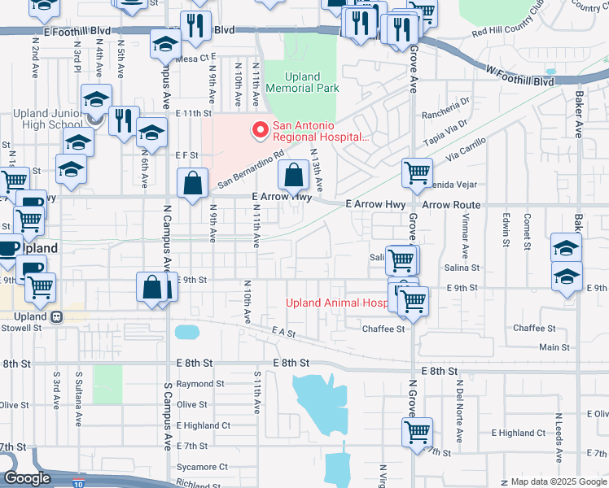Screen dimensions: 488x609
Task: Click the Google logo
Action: [x=28, y=478]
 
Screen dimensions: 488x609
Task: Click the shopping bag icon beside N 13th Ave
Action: [x=293, y=176]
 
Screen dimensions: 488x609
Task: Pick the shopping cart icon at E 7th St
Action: [x=417, y=433]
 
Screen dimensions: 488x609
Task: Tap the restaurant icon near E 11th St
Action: [x=124, y=122]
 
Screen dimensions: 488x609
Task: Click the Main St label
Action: [x=554, y=347]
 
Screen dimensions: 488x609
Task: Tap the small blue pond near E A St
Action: [x=186, y=332]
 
